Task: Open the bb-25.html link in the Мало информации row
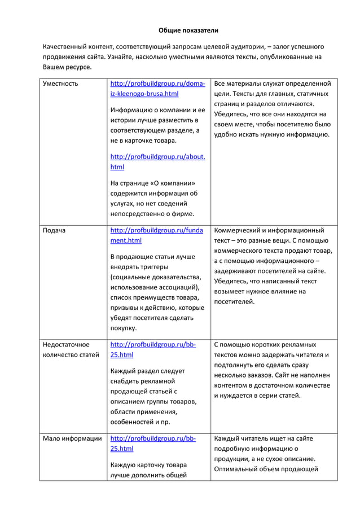152,444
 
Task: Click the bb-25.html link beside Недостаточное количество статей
152,349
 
